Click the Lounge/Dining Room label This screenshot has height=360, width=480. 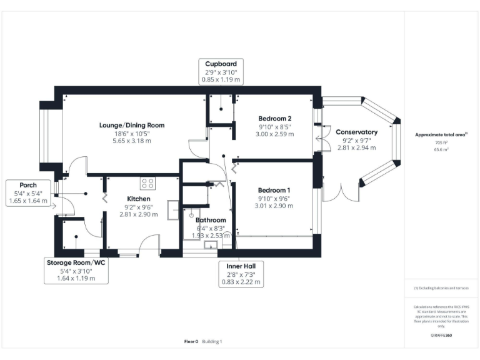tap(131, 124)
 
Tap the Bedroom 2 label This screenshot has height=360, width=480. tap(275, 118)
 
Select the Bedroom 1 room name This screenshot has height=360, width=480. tap(275, 190)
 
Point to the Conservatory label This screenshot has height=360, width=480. tap(356, 132)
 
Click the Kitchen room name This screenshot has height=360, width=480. tap(139, 198)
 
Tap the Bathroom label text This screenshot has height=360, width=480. tap(211, 220)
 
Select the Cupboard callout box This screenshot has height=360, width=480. tap(221, 72)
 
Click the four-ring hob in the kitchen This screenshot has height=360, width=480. tap(148, 183)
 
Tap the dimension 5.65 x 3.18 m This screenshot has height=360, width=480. tap(131, 141)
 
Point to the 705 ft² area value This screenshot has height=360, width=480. tap(441, 142)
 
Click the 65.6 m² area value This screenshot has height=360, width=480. tap(441, 150)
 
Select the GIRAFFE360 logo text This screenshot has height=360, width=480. tap(441, 336)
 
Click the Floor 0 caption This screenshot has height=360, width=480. tap(191, 341)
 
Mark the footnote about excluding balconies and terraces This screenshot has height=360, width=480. tap(441, 288)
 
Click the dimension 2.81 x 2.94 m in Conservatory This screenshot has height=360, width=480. tap(356, 148)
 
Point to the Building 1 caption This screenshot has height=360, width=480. tap(212, 341)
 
